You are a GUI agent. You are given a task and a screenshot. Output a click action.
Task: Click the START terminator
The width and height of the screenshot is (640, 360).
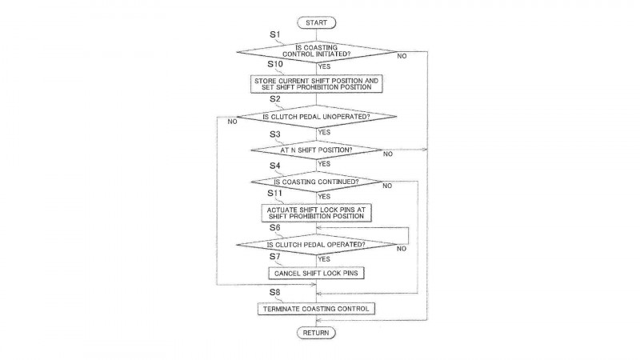[316, 23]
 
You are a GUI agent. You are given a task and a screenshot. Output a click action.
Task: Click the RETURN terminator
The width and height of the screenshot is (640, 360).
[316, 333]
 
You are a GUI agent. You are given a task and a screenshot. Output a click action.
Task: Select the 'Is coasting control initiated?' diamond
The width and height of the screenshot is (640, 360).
[316, 51]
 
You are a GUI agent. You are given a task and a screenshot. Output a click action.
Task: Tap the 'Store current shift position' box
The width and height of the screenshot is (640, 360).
[316, 84]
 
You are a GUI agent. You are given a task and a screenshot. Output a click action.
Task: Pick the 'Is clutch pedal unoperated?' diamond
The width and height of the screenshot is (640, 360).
[316, 117]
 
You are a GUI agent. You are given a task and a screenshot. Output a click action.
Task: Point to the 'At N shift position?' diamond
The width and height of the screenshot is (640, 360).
[316, 150]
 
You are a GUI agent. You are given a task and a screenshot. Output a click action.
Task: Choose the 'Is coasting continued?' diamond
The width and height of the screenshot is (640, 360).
[316, 182]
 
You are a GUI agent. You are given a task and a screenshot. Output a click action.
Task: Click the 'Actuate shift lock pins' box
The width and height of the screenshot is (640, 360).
[316, 213]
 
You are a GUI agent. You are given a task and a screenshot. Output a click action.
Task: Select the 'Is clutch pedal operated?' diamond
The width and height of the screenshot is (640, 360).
[316, 245]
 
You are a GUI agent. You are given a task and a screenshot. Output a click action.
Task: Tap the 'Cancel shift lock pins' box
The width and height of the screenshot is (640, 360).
[316, 274]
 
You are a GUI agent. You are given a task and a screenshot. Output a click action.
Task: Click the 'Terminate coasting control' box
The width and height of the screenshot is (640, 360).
[316, 309]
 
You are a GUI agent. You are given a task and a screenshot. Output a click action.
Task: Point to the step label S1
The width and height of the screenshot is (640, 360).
[275, 34]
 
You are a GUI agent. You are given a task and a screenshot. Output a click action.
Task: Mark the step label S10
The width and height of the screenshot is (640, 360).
[275, 64]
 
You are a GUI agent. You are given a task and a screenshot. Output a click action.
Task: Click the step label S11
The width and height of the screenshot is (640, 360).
[275, 193]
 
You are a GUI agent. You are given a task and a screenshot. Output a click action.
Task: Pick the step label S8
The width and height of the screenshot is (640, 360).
[275, 292]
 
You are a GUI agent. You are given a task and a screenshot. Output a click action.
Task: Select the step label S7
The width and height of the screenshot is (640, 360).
[275, 256]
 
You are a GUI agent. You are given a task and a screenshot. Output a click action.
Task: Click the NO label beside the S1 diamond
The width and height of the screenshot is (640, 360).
[402, 56]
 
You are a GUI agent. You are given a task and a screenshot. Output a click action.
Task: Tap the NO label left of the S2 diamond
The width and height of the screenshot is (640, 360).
[232, 122]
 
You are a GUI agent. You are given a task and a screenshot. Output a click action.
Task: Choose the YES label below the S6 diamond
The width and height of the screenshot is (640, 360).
[324, 259]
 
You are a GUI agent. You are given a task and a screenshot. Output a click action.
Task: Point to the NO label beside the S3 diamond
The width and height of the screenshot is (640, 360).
[388, 154]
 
